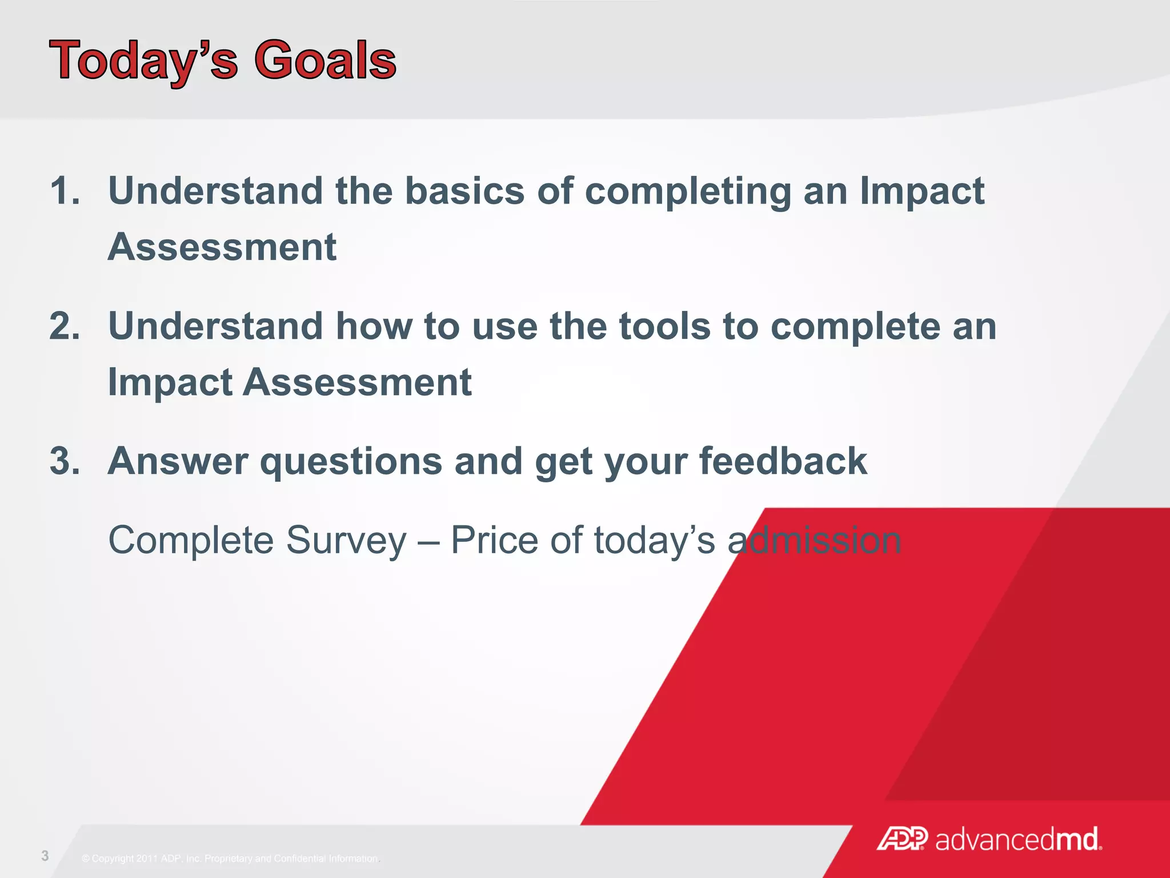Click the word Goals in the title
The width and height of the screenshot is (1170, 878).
pos(324,61)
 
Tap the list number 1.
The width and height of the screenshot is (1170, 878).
pos(64,190)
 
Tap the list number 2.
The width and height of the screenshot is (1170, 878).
pos(64,326)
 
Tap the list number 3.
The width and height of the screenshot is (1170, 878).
pos(64,461)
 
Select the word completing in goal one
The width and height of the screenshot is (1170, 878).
pos(688,191)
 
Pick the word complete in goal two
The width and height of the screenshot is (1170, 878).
pos(855,327)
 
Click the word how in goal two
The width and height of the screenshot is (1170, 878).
pos(374,326)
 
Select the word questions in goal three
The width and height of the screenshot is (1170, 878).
pos(351,462)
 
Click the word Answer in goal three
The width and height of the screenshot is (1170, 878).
pos(178,461)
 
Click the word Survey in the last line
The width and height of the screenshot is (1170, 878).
pos(346,541)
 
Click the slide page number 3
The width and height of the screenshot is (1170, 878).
pos(45,856)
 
